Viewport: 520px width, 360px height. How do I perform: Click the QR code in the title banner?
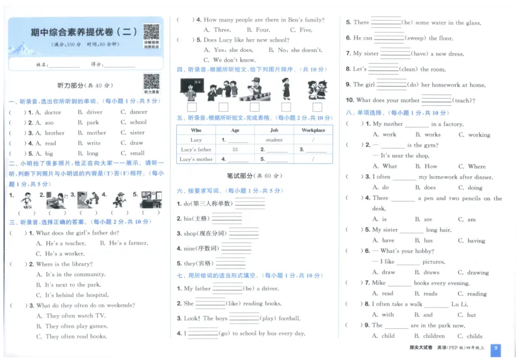tap(151, 32)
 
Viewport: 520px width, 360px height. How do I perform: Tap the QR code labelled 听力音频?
tap(151, 81)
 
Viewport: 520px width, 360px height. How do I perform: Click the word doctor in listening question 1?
tap(49, 112)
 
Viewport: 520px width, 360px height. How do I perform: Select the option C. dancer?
tap(134, 112)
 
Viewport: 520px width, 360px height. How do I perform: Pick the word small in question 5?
tap(135, 154)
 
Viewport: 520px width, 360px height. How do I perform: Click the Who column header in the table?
tap(196, 130)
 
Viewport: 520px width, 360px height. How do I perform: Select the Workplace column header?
tap(313, 130)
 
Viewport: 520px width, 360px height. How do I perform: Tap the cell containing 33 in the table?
tap(235, 149)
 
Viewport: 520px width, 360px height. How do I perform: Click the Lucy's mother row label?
tap(196, 159)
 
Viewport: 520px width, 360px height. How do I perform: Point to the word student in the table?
tap(274, 140)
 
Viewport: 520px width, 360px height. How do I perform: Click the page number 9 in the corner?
tap(496, 348)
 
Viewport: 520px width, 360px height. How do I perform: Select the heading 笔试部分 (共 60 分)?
tap(252, 176)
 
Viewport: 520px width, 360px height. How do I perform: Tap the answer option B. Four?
tap(257, 30)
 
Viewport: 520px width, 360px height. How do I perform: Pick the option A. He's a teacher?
tap(60, 243)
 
